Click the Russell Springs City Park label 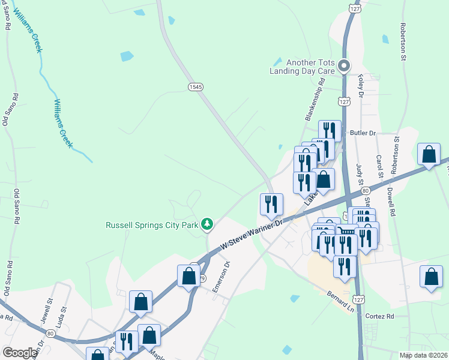(x=152, y=226)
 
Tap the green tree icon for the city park (x=207, y=224)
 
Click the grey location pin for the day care (x=343, y=65)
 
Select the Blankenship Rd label (x=315, y=101)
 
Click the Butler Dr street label (x=363, y=133)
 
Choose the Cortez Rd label (x=381, y=316)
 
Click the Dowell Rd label (x=391, y=203)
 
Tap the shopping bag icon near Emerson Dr (x=188, y=276)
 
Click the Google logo (x=20, y=353)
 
